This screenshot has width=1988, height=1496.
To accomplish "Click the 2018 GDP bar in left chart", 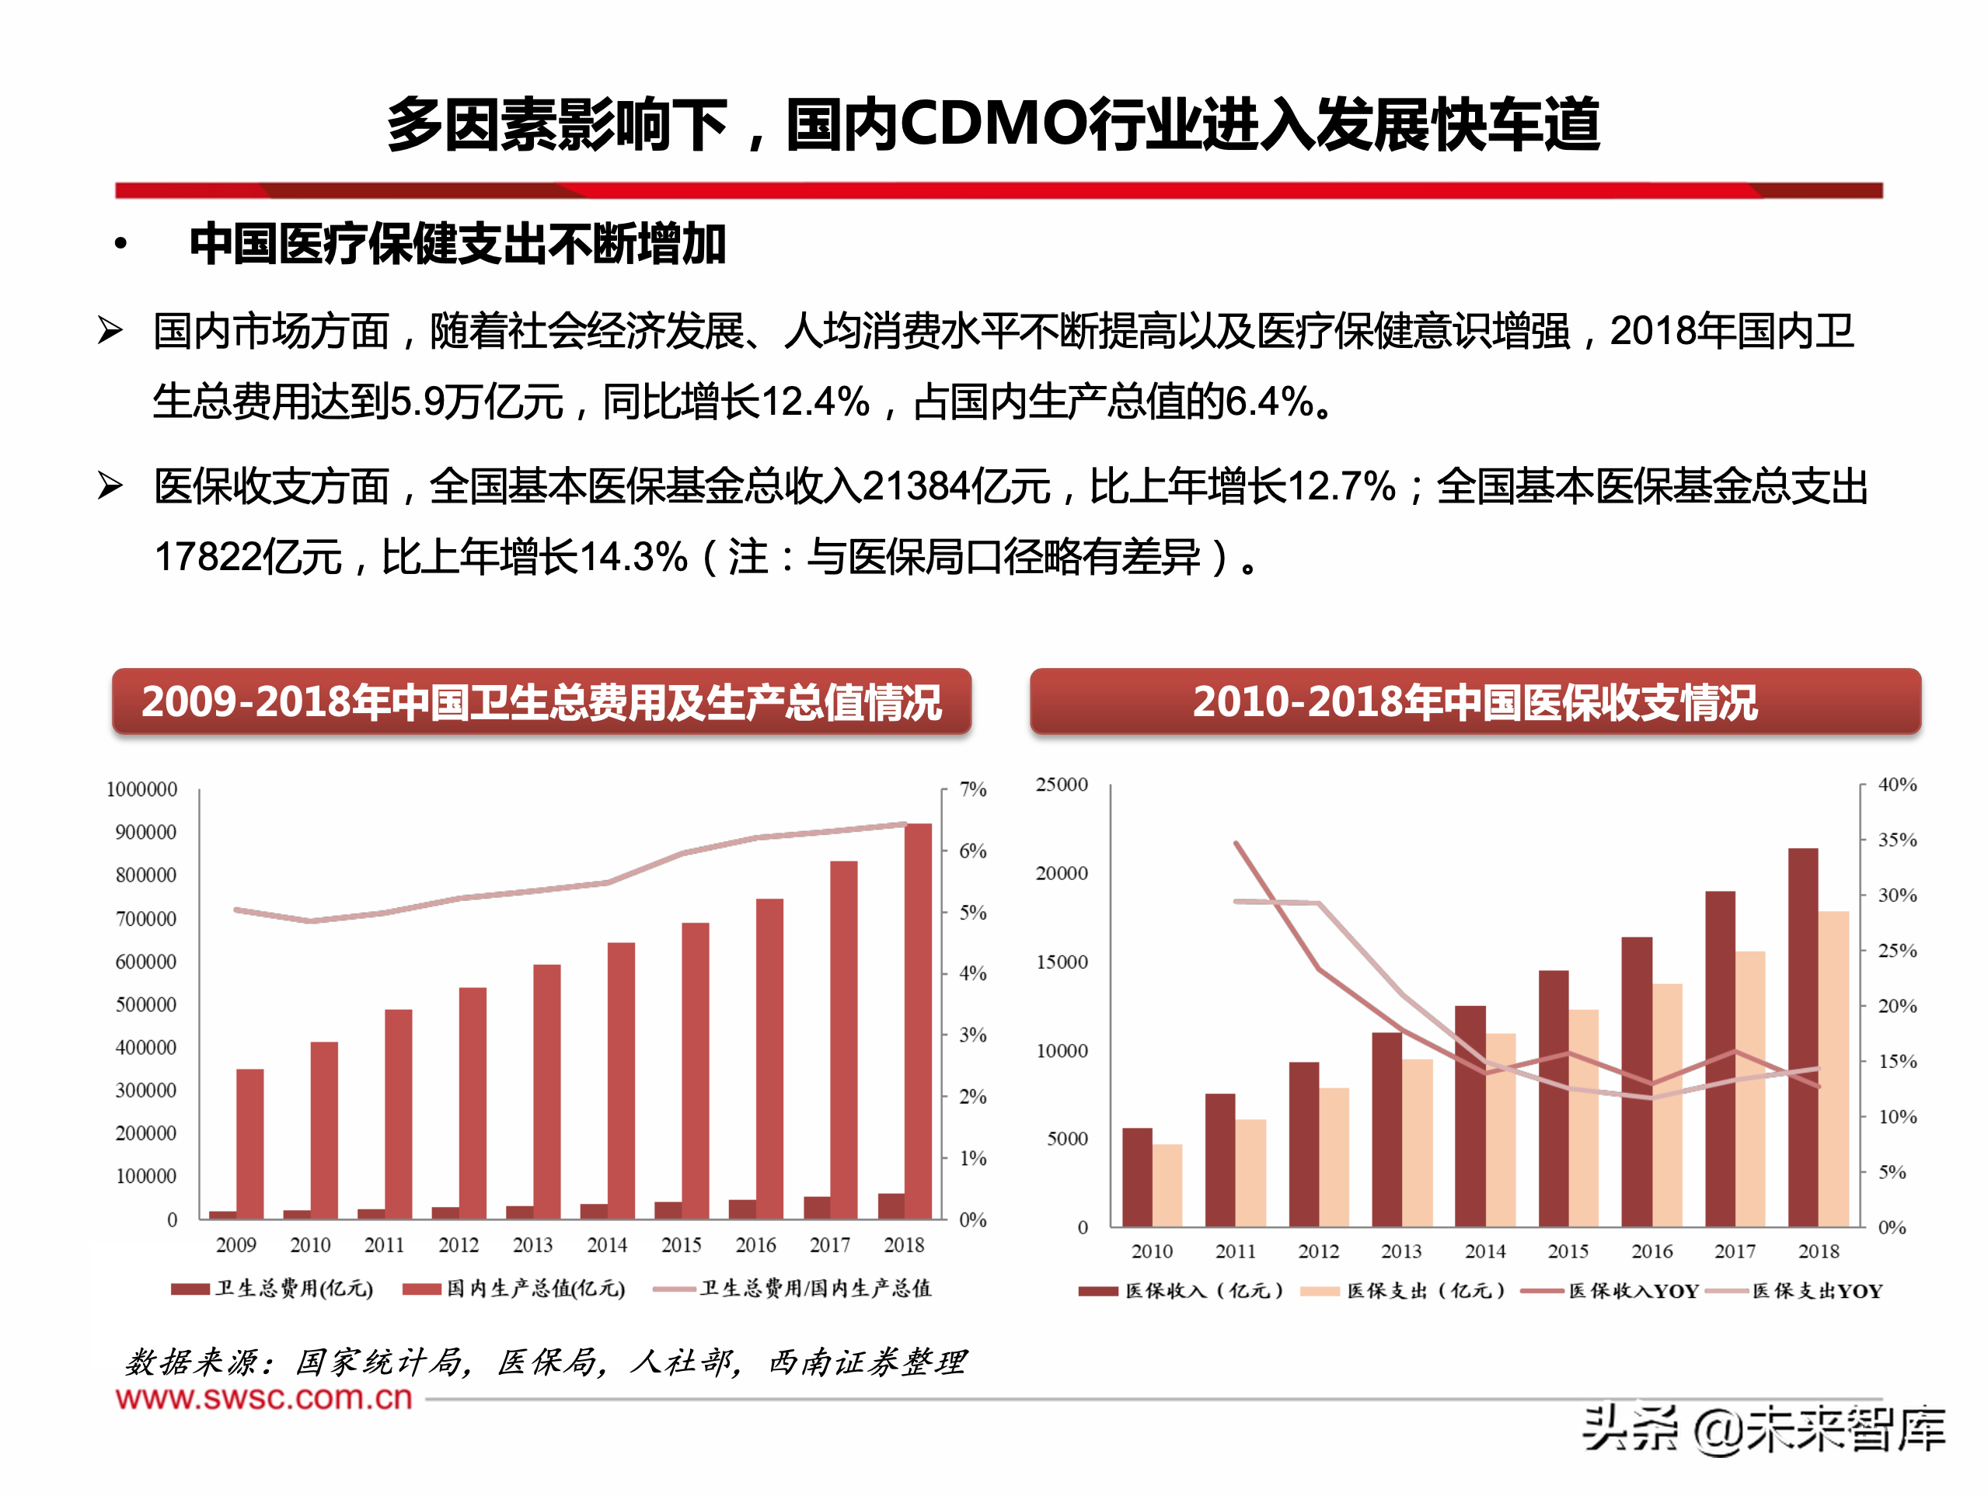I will [x=918, y=1020].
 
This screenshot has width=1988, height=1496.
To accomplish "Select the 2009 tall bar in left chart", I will [x=249, y=1143].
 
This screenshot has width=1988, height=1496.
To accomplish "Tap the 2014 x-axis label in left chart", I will [x=607, y=1244].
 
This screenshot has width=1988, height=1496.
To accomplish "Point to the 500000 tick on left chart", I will [x=145, y=1004].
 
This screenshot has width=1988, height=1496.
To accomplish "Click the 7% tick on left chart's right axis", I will [x=972, y=789].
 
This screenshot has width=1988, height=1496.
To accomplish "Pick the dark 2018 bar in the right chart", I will [x=1803, y=1037].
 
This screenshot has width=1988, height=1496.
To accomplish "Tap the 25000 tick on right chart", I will [x=1062, y=785].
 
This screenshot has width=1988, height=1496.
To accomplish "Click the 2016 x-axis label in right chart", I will [x=1651, y=1251].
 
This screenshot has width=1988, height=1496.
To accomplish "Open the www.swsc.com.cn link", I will [x=263, y=1397].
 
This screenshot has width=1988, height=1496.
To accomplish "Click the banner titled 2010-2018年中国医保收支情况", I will [x=1474, y=701].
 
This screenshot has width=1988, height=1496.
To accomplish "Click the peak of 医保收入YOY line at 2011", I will [x=1236, y=843].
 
